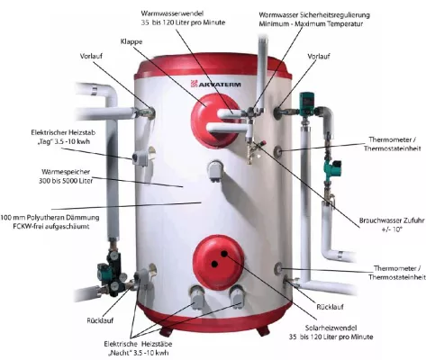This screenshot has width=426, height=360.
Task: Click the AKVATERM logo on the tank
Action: tap(216, 84)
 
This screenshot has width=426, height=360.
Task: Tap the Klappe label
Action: tap(131, 41)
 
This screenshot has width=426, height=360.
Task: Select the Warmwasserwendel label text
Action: tap(183, 18)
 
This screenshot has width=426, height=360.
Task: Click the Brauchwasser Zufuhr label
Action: tap(392, 225)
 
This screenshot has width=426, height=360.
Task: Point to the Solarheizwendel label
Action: tap(331, 332)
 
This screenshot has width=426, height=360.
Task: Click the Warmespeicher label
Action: tap(66, 176)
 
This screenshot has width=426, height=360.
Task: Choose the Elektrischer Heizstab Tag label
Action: tap(63, 137)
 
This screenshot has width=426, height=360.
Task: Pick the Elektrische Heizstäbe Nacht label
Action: tap(138, 348)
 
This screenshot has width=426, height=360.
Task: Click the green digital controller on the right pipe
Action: tap(307, 101)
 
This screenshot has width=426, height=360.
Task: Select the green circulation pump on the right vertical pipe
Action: tap(333, 167)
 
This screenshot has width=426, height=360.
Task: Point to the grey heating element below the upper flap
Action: tap(215, 171)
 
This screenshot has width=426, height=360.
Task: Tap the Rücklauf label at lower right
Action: tap(330, 307)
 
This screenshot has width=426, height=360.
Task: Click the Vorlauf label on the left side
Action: tap(91, 56)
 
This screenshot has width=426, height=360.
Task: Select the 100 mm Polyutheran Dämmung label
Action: tap(50, 221)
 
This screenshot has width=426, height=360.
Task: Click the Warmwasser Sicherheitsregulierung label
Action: tap(314, 19)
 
